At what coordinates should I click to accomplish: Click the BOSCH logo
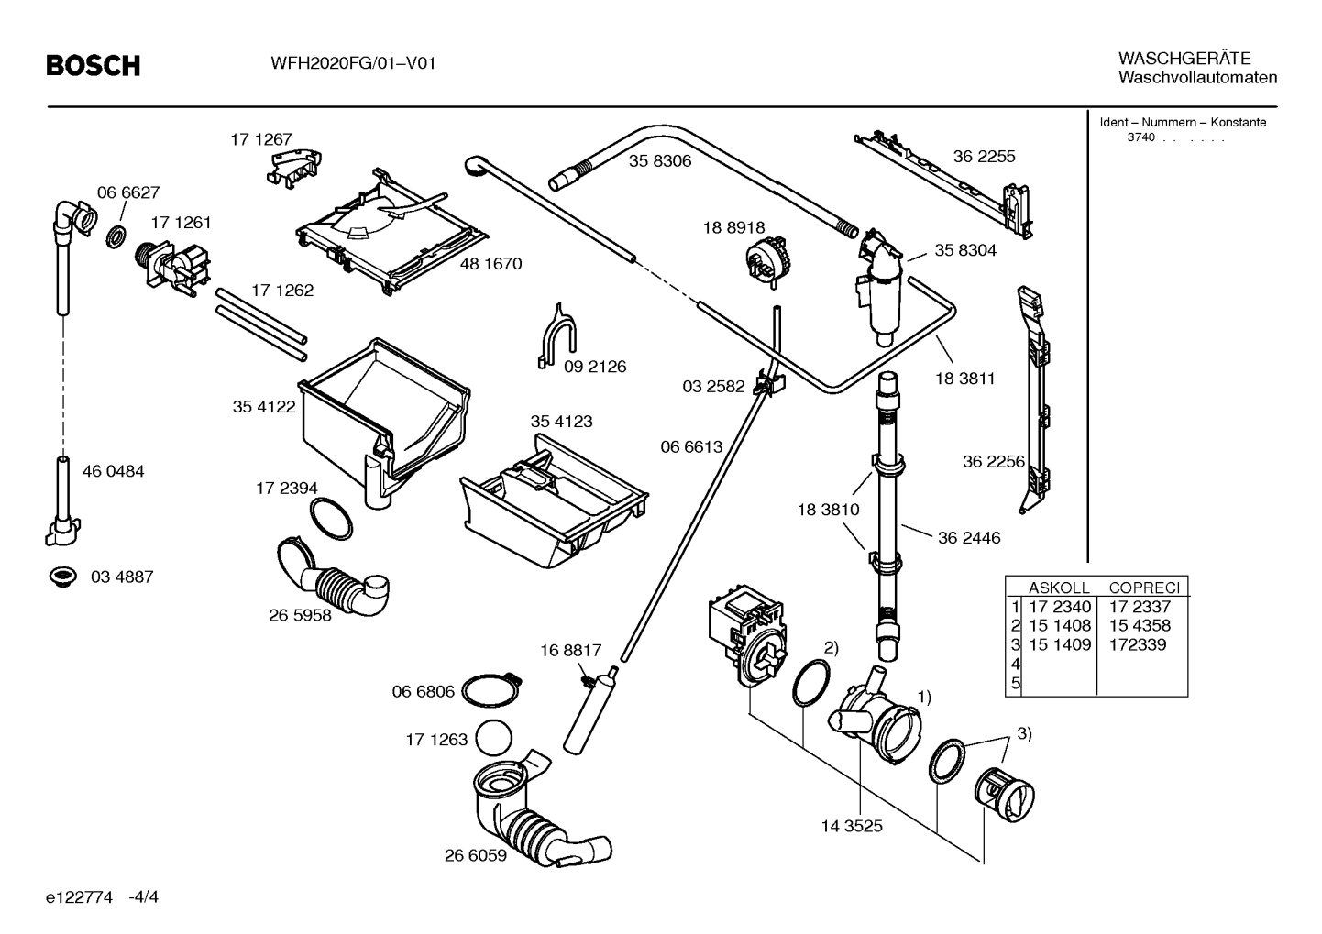tap(94, 65)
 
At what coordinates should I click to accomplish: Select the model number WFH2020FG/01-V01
tap(353, 63)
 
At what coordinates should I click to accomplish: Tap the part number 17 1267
tap(261, 139)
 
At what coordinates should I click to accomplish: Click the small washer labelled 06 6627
tap(116, 237)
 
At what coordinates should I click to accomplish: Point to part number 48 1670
tap(491, 264)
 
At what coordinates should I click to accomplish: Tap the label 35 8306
tap(660, 161)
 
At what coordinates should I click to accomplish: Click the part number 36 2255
tap(984, 157)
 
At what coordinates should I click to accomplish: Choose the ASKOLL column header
tap(1059, 588)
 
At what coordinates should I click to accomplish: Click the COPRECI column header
tap(1144, 588)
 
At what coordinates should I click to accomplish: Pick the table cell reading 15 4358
tap(1140, 625)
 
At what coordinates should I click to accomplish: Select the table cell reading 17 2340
tap(1060, 607)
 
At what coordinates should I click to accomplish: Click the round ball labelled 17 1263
tap(493, 738)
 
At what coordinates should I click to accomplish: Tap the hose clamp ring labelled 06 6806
tap(491, 690)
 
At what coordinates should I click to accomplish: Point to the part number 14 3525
tap(852, 826)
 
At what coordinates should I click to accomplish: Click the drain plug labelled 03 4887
tap(62, 576)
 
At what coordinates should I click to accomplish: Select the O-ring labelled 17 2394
tap(330, 519)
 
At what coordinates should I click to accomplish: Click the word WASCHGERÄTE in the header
tap(1184, 59)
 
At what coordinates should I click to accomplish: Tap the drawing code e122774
tap(79, 897)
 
